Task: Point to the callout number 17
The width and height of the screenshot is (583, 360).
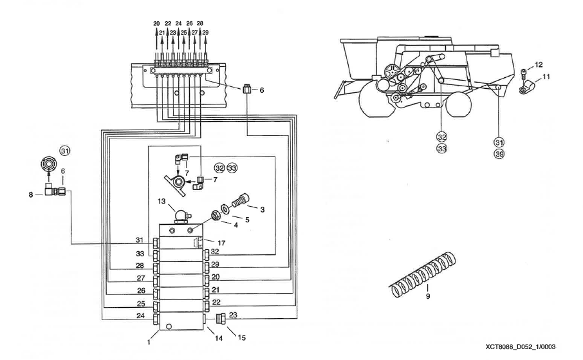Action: coord(221,242)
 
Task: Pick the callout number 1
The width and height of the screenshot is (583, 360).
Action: coord(148,343)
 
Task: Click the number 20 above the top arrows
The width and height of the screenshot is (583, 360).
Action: coord(156,24)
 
